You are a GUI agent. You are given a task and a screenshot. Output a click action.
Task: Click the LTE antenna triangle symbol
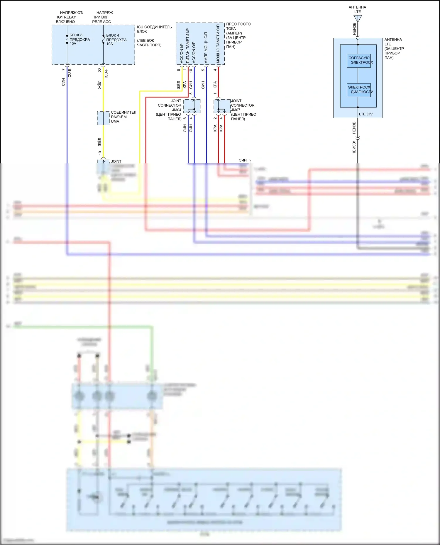358,18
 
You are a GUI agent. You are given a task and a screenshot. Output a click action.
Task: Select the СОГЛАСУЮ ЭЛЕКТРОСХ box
358,61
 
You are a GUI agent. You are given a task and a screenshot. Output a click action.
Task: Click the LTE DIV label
365,114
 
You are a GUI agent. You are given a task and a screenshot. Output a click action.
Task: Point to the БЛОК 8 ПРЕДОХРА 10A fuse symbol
67,40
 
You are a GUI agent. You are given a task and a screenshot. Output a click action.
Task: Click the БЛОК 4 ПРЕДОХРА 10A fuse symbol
103,40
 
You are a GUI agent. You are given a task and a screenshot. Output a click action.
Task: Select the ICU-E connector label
70,73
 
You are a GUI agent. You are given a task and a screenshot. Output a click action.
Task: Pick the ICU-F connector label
106,73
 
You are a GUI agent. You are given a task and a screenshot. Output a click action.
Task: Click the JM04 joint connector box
192,106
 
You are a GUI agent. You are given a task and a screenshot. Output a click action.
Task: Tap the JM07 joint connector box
222,106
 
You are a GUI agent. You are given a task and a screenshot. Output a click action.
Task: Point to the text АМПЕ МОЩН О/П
206,47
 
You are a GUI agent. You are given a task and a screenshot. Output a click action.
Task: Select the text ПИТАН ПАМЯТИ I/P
187,46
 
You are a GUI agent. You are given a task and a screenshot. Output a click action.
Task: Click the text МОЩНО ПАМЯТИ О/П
218,44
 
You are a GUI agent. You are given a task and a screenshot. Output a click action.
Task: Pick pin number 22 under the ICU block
100,70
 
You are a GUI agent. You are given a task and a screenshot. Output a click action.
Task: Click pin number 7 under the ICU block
63,70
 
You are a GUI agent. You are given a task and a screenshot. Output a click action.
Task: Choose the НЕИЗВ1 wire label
354,147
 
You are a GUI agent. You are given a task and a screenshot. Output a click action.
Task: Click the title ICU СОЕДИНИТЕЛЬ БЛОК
154,29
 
